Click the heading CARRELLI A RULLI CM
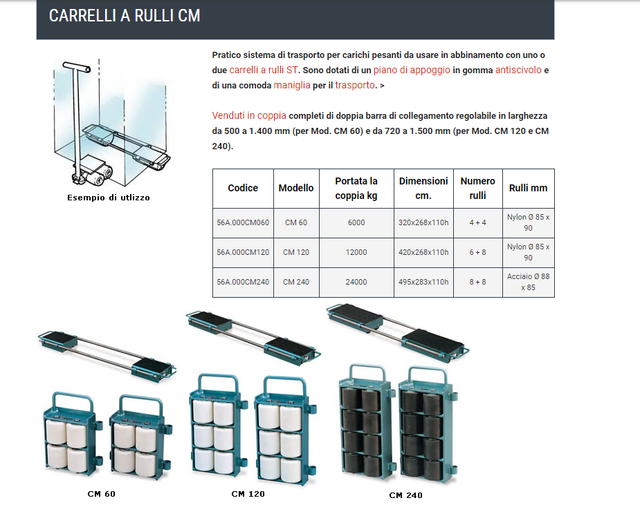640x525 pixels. coord(125,16)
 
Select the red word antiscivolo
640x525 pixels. coord(518,70)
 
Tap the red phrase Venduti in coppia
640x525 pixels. coord(248,115)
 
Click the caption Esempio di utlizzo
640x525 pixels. coord(109,198)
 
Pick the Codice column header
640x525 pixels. coord(243,188)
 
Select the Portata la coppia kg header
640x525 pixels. coord(356,188)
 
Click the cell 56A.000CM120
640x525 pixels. coord(243,252)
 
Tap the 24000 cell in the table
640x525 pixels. coord(356,282)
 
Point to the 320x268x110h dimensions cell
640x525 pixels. coord(423,222)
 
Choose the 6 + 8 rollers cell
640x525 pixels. coord(477,252)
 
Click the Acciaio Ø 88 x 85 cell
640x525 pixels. coord(528,282)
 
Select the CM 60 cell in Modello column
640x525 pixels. coord(295,222)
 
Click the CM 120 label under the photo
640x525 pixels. coord(248,494)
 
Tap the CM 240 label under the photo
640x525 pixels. coord(405,495)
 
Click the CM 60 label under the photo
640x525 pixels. coord(102,494)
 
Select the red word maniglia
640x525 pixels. coord(292,86)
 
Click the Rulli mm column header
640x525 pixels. coord(528,188)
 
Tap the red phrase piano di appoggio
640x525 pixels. coord(412,70)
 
